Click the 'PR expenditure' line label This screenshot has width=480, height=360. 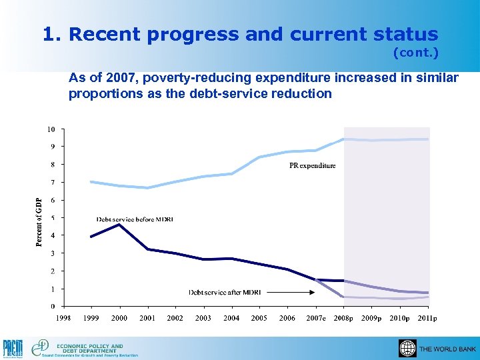pos(313,165)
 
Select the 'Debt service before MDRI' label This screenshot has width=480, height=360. pos(135,219)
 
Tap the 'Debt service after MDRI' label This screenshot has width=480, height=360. pos(225,292)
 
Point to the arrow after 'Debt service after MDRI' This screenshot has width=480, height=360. pos(303,292)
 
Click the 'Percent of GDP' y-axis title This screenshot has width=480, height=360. pos(39,222)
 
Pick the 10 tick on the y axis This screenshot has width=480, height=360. pos(51,128)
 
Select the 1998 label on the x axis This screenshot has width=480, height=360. pos(63,318)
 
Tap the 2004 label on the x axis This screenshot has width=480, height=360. pos(231,318)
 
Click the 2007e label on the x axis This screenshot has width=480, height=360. pos(315,318)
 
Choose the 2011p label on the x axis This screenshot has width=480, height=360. pos(427,318)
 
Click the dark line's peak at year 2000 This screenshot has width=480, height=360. pos(119,225)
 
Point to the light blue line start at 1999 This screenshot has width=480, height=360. pos(91,181)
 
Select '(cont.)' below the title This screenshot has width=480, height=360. pos(416,51)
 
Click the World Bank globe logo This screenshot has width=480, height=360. pos(407,349)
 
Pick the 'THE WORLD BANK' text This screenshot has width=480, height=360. pos(447,349)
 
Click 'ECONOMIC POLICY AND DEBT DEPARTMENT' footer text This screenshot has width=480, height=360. pos(90,348)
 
